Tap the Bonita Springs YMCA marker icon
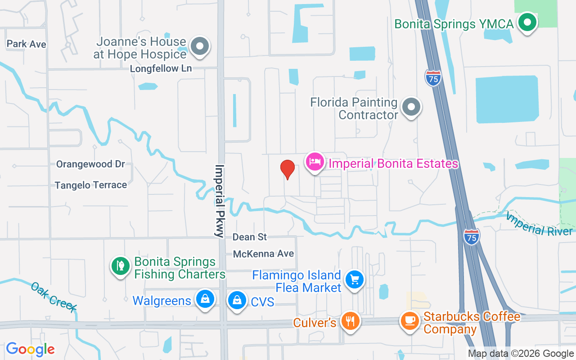[526, 22]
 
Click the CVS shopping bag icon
[237, 299]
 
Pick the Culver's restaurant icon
[350, 321]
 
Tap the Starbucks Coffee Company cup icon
[409, 321]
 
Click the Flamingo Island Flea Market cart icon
[355, 279]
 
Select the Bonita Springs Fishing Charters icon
[120, 266]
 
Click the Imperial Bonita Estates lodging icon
[315, 162]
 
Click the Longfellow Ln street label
[161, 69]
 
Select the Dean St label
[250, 237]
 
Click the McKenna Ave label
[263, 254]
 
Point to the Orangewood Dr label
[90, 164]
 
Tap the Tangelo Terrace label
[90, 185]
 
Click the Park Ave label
[27, 44]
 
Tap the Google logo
[30, 349]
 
